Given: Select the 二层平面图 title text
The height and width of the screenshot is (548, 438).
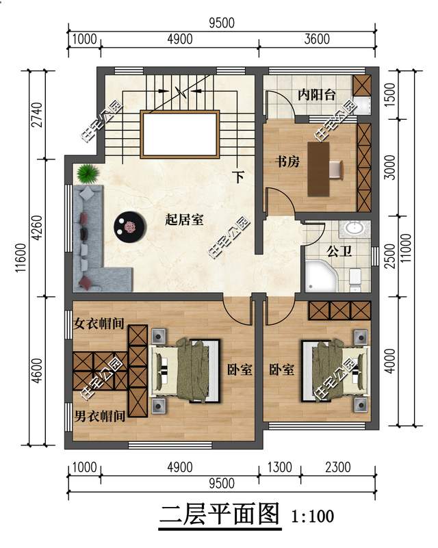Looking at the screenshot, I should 220,514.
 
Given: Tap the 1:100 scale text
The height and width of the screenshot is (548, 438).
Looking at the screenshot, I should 313,516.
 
